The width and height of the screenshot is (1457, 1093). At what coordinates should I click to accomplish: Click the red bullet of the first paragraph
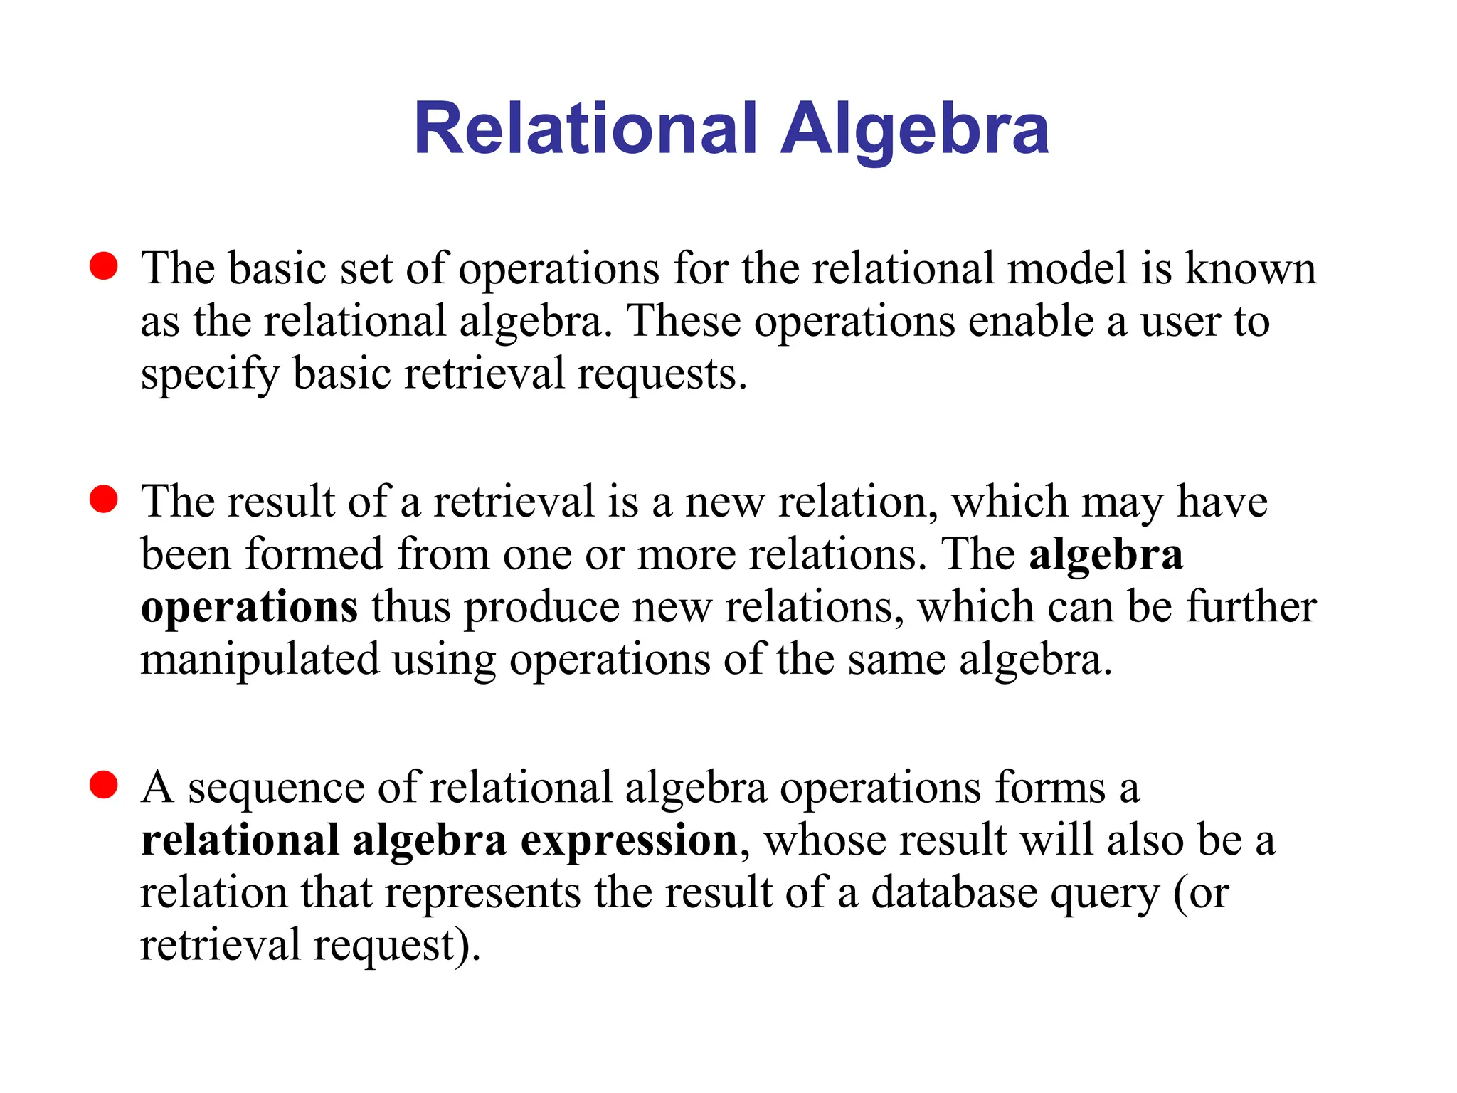pos(104,266)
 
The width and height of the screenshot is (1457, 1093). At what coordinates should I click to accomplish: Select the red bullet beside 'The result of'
pos(104,500)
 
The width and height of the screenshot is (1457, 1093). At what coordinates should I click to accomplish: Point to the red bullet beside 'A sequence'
pos(104,785)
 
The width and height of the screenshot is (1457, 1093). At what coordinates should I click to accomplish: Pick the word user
pos(1180,322)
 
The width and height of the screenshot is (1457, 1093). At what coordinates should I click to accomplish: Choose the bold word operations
pos(249,608)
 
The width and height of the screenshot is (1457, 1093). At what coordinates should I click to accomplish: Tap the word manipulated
pos(260,660)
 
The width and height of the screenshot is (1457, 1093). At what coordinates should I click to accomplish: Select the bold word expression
pos(629,841)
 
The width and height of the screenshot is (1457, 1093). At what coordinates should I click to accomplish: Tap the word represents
pos(483,894)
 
